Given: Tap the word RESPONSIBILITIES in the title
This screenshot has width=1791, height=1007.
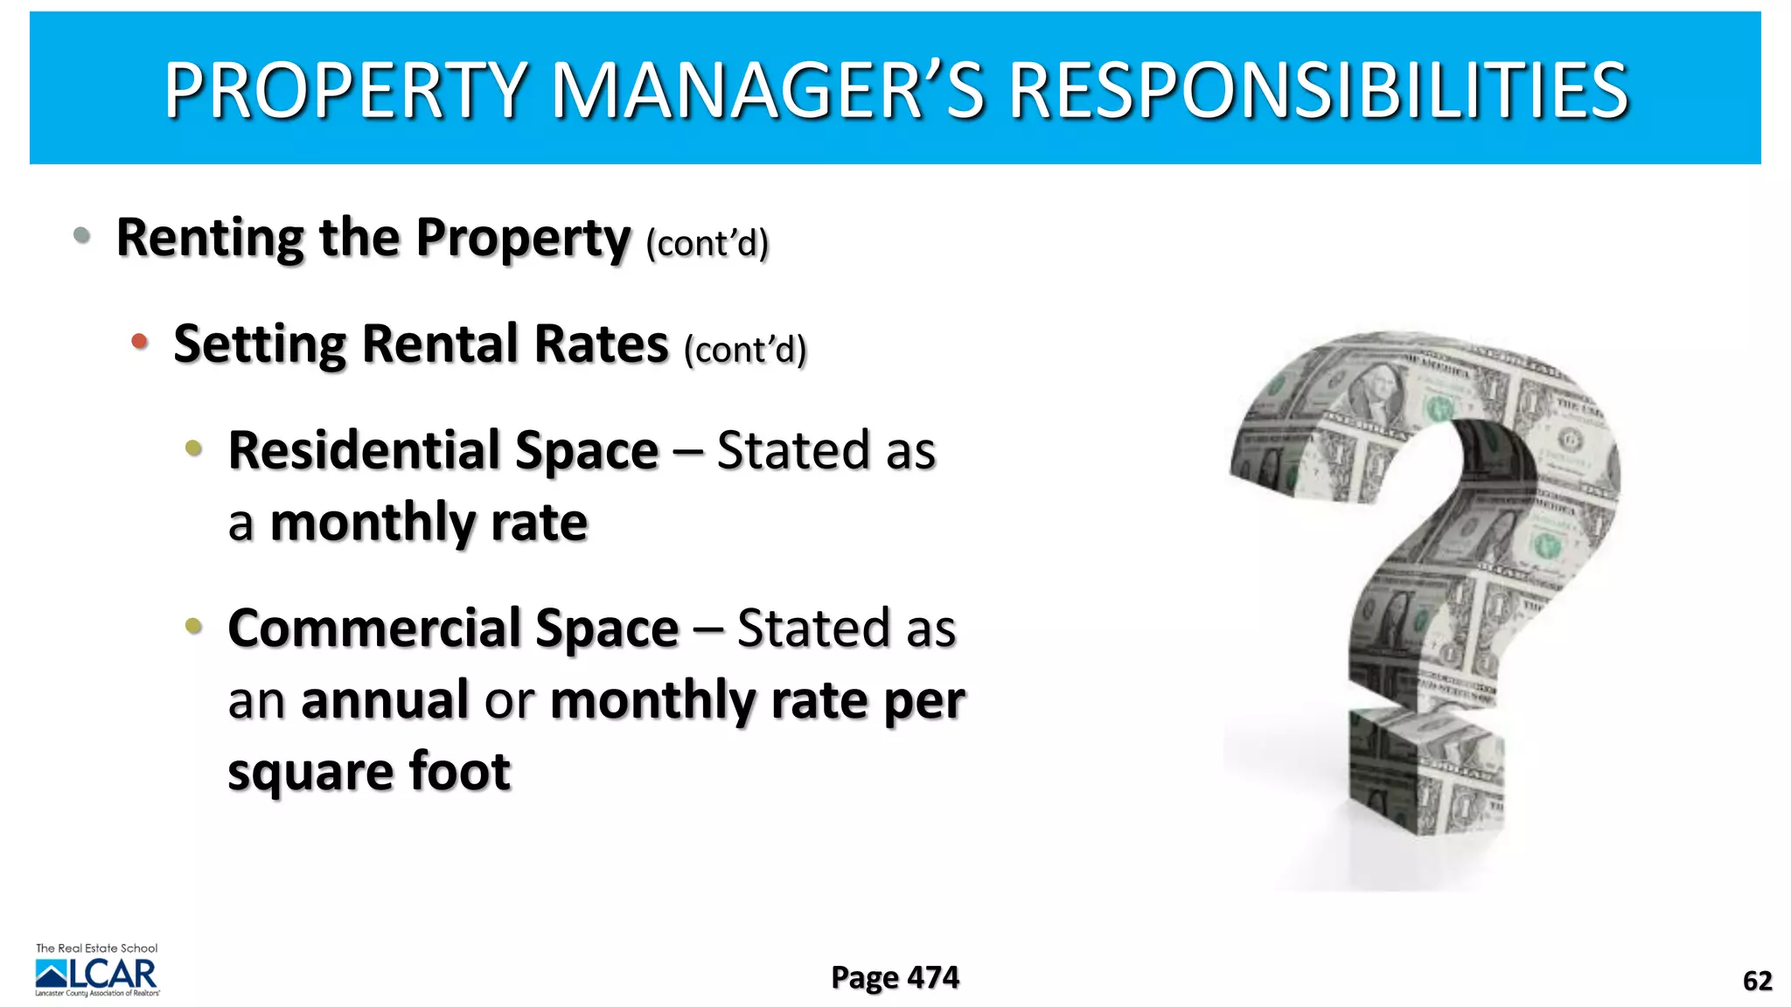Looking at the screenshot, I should tap(1319, 90).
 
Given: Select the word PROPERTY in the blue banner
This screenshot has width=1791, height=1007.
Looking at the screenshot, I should tap(345, 90).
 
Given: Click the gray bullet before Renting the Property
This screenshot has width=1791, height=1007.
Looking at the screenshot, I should tap(82, 235).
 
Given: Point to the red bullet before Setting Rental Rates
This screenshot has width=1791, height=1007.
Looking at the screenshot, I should tap(139, 342).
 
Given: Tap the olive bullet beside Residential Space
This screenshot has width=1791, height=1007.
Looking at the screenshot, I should tap(193, 449).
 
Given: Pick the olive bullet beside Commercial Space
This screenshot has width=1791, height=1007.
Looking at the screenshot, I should tap(193, 626).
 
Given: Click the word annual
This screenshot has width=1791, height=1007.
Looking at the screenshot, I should tap(385, 700).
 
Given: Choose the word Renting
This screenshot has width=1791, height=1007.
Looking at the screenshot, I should tap(210, 238).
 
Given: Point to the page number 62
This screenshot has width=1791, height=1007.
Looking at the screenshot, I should tap(1757, 981).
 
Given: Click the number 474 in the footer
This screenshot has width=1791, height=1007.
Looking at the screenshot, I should tap(933, 977).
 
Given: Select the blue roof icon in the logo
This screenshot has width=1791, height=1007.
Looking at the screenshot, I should tap(52, 973).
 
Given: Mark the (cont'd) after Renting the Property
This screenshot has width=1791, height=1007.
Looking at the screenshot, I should tap(707, 244).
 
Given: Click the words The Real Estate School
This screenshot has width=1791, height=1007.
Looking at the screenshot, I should tap(96, 948).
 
